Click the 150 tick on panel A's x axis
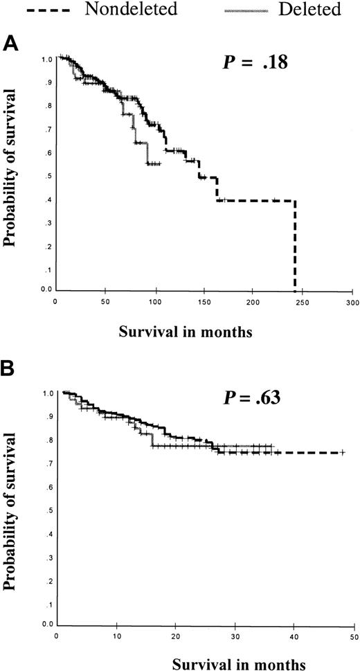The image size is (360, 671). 203,303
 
